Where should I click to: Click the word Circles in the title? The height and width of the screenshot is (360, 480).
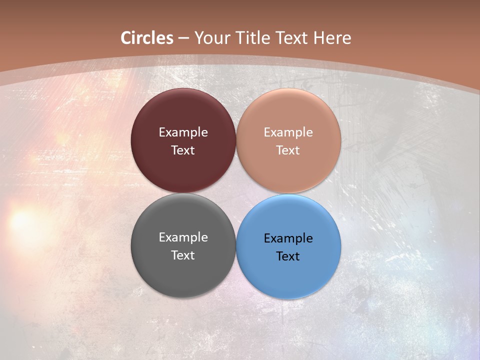147,38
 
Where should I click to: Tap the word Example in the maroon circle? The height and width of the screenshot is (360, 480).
183,132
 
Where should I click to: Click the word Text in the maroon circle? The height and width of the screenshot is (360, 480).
183,150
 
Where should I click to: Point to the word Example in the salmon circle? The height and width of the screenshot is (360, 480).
288,132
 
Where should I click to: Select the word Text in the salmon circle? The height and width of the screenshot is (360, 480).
288,150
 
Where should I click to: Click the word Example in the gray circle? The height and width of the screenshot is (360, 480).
183,237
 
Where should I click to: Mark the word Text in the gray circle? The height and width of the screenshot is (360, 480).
183,255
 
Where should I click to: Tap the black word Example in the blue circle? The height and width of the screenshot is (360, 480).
288,238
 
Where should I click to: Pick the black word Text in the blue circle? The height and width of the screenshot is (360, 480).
288,256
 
